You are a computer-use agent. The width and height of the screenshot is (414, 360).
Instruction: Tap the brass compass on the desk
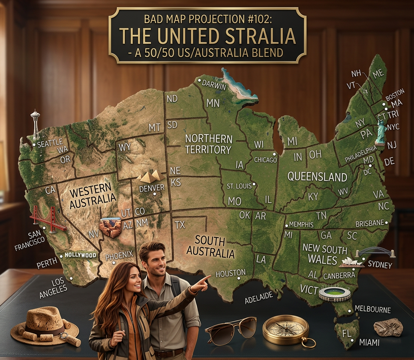pos(286,329)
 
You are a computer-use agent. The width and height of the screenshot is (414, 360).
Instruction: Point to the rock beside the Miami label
pos(388,327)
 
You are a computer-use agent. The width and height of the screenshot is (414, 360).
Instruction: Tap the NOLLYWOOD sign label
pos(80,255)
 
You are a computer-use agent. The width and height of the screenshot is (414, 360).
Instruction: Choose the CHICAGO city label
pos(265,160)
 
